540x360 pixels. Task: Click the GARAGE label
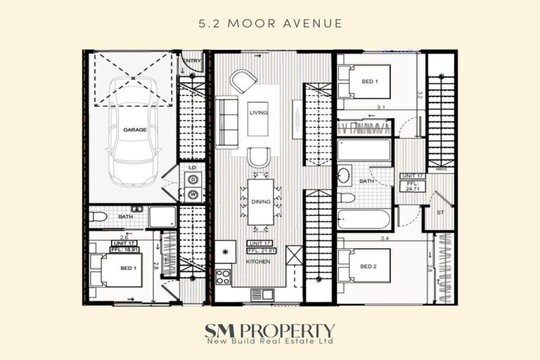135,130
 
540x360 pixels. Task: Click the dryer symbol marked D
191,180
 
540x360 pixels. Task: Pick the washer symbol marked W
191,193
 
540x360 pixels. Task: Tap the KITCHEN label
258,261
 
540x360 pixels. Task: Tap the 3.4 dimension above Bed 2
385,239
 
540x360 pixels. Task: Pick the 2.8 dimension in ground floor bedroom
156,266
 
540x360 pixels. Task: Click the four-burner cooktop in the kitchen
223,276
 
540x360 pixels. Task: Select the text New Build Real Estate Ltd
270,341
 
